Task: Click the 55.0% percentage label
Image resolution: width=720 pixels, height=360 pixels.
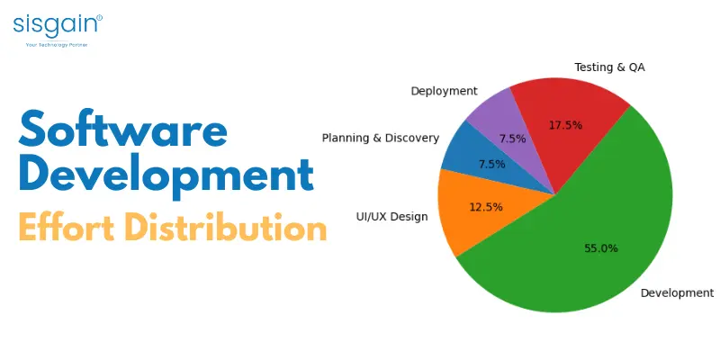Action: (x=600, y=247)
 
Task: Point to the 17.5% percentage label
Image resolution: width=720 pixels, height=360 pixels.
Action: (x=565, y=125)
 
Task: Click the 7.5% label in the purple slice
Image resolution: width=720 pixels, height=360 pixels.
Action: (x=512, y=139)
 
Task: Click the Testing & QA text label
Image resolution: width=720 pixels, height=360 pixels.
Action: (x=609, y=67)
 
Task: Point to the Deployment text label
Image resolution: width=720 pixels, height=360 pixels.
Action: (x=444, y=91)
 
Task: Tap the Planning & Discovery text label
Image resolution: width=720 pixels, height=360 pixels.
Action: (x=381, y=138)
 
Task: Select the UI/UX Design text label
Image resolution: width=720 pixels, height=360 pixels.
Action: (x=391, y=216)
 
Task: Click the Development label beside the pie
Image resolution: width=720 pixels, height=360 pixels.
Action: (x=676, y=292)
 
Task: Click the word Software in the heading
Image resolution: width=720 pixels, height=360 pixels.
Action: (x=122, y=131)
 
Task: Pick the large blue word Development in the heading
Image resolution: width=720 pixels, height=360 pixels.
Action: (x=166, y=175)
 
